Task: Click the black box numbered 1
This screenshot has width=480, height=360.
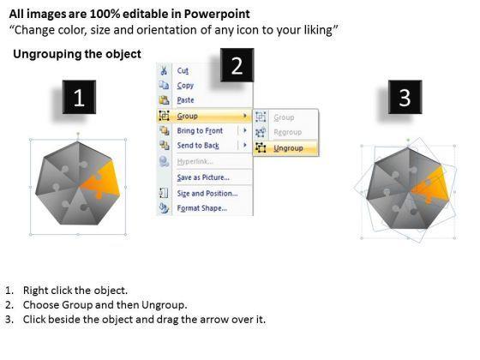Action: coord(79,98)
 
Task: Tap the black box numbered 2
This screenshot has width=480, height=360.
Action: coord(237,65)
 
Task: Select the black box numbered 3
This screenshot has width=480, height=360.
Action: coord(405,98)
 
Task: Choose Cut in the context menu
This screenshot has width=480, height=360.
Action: coord(183,70)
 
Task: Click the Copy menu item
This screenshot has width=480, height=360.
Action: coord(185,86)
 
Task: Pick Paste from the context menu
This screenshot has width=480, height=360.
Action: coord(185,100)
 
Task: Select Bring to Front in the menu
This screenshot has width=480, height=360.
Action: coord(200,130)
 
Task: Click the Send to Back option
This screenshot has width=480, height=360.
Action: coord(198,146)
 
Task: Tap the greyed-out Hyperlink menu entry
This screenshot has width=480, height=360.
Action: coord(195,161)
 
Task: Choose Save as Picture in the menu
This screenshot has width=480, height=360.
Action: coord(203,177)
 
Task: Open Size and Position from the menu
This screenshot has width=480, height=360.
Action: coord(207,194)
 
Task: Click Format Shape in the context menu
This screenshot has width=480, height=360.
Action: coord(202,208)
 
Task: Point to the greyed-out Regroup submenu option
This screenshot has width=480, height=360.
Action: coord(288,132)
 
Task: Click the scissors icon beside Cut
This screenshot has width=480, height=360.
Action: coord(164,70)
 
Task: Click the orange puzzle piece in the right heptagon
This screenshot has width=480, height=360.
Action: coord(430,186)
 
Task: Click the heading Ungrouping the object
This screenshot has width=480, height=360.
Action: coord(77,54)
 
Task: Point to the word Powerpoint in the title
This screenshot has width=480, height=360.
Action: coord(217,14)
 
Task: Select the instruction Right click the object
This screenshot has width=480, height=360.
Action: coord(75,291)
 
